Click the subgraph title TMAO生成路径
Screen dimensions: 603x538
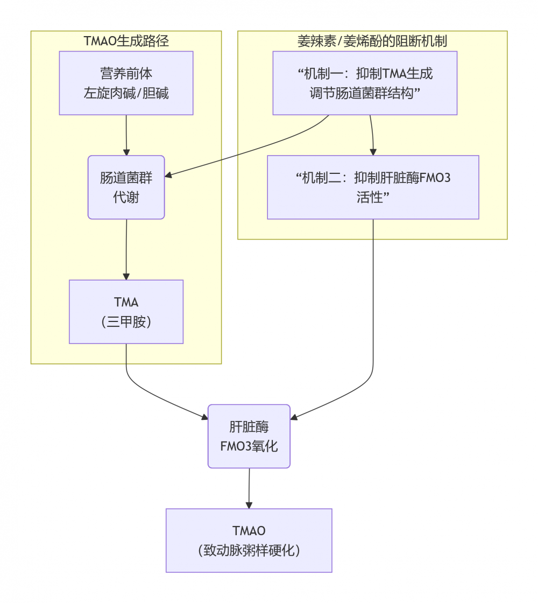pos(126,41)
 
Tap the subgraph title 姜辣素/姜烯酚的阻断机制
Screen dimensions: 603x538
pos(372,41)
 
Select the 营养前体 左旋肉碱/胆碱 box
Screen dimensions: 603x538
pos(126,83)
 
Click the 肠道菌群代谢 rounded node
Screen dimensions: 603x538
pos(126,187)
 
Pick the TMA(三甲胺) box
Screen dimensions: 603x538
pos(126,312)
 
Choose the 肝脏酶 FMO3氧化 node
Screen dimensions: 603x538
pos(249,436)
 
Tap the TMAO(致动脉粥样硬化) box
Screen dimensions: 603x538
pos(249,540)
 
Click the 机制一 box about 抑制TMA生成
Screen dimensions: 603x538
pos(365,83)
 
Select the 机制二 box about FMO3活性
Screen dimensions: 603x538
pos(373,187)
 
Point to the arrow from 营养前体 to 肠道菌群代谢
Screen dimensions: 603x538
pos(126,135)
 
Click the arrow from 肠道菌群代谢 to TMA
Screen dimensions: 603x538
pos(126,249)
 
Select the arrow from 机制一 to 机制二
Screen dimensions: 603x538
pos(371,135)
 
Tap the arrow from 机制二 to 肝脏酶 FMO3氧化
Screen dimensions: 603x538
pos(366,382)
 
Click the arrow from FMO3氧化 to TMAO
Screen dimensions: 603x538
pos(249,488)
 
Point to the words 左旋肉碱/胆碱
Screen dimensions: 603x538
pos(126,93)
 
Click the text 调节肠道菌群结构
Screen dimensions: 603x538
pos(365,93)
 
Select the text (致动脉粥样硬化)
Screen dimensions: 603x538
pos(249,551)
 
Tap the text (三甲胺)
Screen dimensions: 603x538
pos(126,322)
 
